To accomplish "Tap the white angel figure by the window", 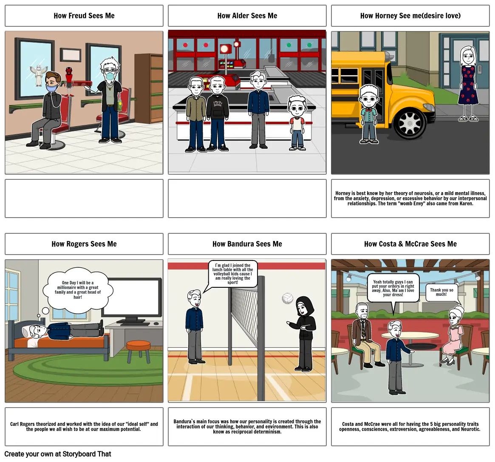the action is click(39, 76).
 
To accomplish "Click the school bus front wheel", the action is click(410, 122).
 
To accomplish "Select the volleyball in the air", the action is click(287, 298).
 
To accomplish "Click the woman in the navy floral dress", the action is click(469, 84).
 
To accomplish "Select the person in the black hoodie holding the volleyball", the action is click(303, 333).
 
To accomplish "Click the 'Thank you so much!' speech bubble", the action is click(441, 292).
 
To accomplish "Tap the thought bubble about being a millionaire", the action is click(78, 290).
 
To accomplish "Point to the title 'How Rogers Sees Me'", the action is click(84, 244).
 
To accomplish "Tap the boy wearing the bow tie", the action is click(369, 114).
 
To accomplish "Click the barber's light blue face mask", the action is click(110, 76).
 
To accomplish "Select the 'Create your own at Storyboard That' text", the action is click(58, 454).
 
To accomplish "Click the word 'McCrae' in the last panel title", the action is click(416, 244).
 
